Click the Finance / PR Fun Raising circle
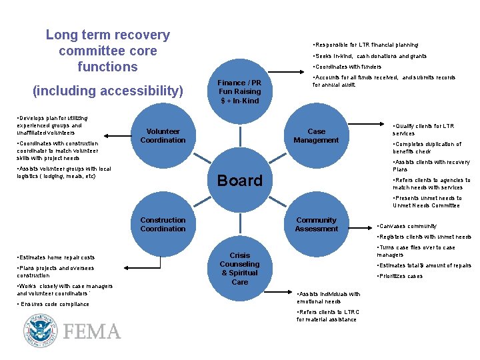[x=240, y=91]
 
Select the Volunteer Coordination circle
[x=163, y=136]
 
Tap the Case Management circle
[x=316, y=136]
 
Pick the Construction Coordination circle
[x=163, y=225]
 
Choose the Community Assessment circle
[x=316, y=225]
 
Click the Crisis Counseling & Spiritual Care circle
[x=240, y=269]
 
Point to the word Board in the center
[x=240, y=181]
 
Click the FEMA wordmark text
[x=91, y=332]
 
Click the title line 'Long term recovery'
[x=107, y=35]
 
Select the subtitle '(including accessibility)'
[x=107, y=91]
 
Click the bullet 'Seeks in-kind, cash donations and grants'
[x=370, y=56]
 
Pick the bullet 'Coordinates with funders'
[x=347, y=67]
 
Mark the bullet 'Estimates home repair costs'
[x=56, y=257]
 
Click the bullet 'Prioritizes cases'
[x=400, y=276]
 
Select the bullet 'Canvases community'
[x=407, y=226]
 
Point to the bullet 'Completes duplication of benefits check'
[x=427, y=147]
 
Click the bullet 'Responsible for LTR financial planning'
[x=366, y=45]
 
